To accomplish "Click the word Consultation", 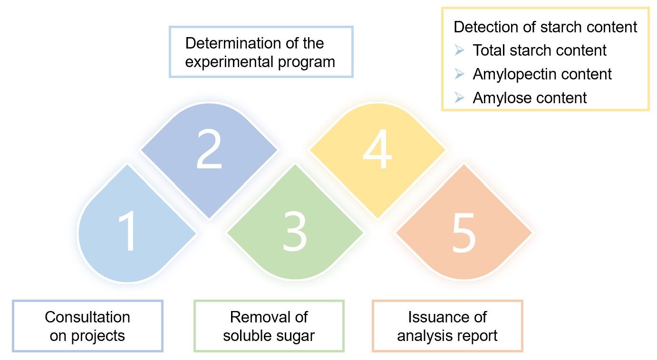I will click(x=87, y=317).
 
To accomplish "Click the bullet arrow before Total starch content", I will click(x=459, y=50).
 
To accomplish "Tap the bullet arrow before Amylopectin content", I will click(x=459, y=74).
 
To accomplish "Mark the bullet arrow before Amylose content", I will click(x=459, y=98).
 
